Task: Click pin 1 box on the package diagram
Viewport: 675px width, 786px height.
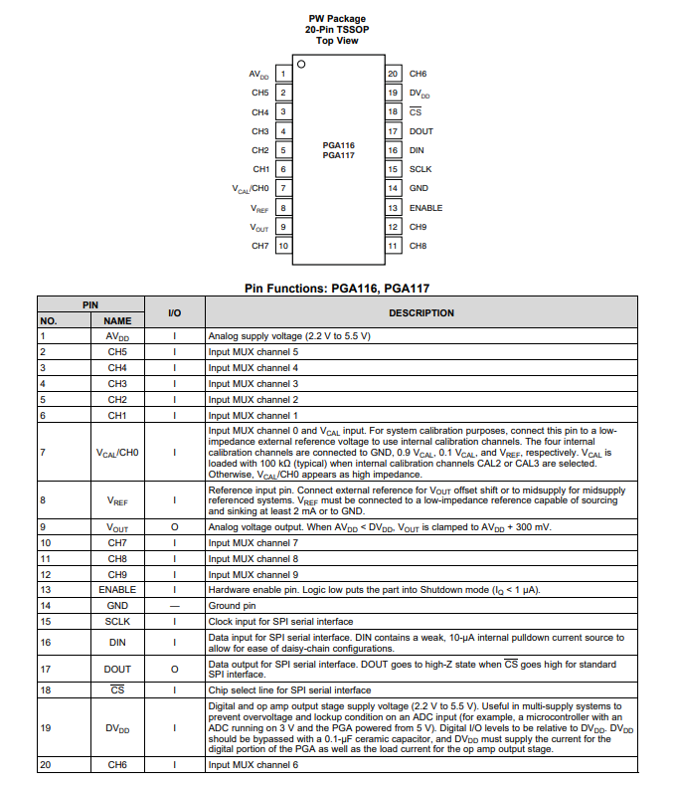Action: (x=283, y=74)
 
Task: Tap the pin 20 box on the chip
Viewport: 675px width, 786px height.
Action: (x=393, y=74)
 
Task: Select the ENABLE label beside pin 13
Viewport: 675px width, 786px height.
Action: (x=425, y=208)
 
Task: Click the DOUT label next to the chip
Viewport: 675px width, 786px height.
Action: (x=421, y=131)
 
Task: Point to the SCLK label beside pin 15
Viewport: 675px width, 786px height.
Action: (x=420, y=169)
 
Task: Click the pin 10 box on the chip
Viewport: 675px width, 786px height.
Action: (x=283, y=246)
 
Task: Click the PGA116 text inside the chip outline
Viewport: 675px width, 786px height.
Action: (x=338, y=145)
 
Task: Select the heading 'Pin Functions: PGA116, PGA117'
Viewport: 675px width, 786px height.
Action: (x=337, y=288)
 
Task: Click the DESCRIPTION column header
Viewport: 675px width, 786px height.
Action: (x=421, y=312)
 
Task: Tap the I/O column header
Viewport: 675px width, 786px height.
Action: (x=174, y=312)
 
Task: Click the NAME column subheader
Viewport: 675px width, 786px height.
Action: (x=117, y=321)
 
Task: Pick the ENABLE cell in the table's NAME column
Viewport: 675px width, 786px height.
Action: (x=117, y=589)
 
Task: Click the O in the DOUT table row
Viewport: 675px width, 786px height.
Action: (x=174, y=669)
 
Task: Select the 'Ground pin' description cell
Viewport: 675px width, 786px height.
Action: (x=232, y=605)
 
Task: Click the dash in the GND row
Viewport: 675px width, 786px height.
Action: (x=174, y=605)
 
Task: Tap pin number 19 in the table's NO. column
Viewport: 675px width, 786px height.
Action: (x=45, y=727)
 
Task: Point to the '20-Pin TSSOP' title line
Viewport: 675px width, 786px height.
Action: (x=337, y=30)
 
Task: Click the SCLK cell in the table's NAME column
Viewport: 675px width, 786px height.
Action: (x=117, y=621)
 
